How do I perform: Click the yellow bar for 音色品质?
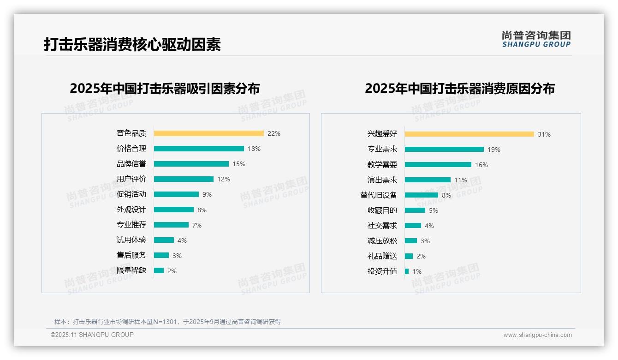point(208,133)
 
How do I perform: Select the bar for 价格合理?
point(199,149)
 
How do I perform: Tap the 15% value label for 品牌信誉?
point(239,164)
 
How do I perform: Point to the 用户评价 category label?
point(131,179)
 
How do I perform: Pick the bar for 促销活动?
point(176,194)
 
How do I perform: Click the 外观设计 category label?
point(131,210)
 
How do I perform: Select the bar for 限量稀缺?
point(159,270)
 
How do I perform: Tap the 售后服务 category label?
point(131,255)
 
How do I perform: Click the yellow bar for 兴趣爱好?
point(469,134)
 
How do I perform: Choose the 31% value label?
point(544,134)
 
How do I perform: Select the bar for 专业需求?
point(444,150)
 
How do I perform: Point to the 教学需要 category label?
point(382,165)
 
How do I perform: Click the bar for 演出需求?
point(428,180)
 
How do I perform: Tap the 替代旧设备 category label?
point(378,195)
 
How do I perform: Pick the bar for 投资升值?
point(407,271)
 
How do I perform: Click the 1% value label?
point(417,271)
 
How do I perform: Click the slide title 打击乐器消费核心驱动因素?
point(132,44)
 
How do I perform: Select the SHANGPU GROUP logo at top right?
point(536,39)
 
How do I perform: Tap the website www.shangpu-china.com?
point(537,335)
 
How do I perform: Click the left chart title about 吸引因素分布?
point(165,88)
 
